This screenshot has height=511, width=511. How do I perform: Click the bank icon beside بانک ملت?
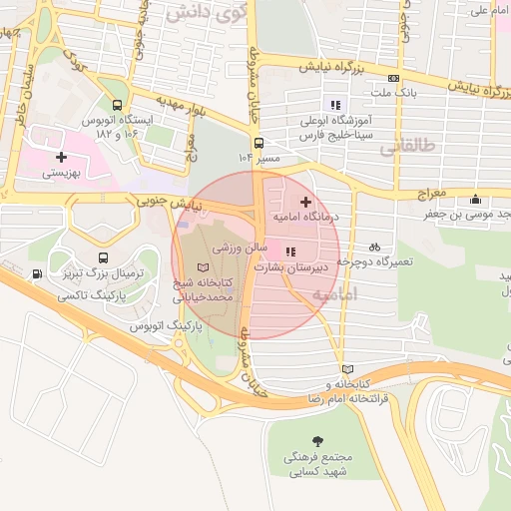394,79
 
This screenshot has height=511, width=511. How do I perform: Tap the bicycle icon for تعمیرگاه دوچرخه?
374,247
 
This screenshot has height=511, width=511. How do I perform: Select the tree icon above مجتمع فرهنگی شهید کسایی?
317,440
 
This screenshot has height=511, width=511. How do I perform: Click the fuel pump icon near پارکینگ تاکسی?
37,275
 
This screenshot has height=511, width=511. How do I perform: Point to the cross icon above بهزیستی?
62,157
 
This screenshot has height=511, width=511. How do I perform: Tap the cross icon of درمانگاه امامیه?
305,202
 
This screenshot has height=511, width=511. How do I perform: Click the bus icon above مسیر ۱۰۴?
258,143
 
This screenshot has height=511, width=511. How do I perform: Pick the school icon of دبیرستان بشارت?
290,252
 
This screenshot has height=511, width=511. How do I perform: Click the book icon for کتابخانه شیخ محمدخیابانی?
205,267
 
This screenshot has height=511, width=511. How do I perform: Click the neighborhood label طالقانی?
407,148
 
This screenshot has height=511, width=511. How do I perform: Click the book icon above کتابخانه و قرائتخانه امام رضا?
346,368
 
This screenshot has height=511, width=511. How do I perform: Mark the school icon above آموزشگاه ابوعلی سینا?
335,104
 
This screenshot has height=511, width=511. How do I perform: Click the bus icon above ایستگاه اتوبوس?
119,104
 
